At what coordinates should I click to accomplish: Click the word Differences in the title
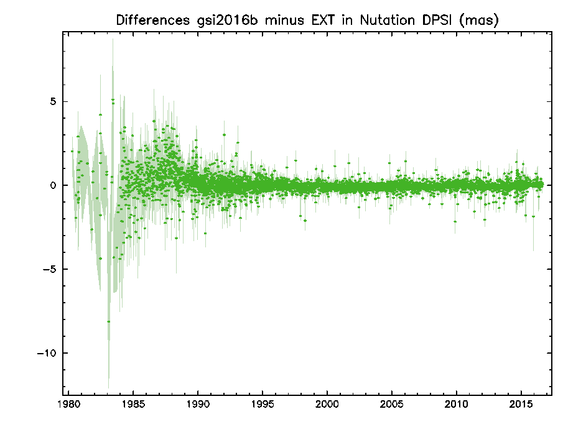point(152,20)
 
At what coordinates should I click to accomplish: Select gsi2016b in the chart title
point(227,21)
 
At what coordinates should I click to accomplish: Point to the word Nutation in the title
point(387,20)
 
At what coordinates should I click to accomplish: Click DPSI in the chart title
point(437,20)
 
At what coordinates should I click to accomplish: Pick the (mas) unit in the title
point(479,21)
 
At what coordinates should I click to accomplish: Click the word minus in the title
point(284,20)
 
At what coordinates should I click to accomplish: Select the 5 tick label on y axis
point(53,101)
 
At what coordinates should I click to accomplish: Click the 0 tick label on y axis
point(53,185)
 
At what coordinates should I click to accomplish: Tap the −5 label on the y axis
point(50,269)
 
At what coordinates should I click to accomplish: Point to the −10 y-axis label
point(47,353)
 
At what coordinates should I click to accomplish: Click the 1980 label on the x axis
point(68,405)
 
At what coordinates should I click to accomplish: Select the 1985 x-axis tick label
point(133,405)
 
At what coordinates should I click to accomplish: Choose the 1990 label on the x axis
point(198,405)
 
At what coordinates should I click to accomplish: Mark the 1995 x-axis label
point(263,405)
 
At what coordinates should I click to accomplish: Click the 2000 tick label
point(327,405)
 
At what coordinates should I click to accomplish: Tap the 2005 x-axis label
point(392,405)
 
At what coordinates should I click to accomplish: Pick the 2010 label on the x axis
point(457,405)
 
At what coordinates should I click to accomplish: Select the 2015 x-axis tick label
point(521,405)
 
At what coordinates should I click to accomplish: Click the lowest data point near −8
point(108,321)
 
